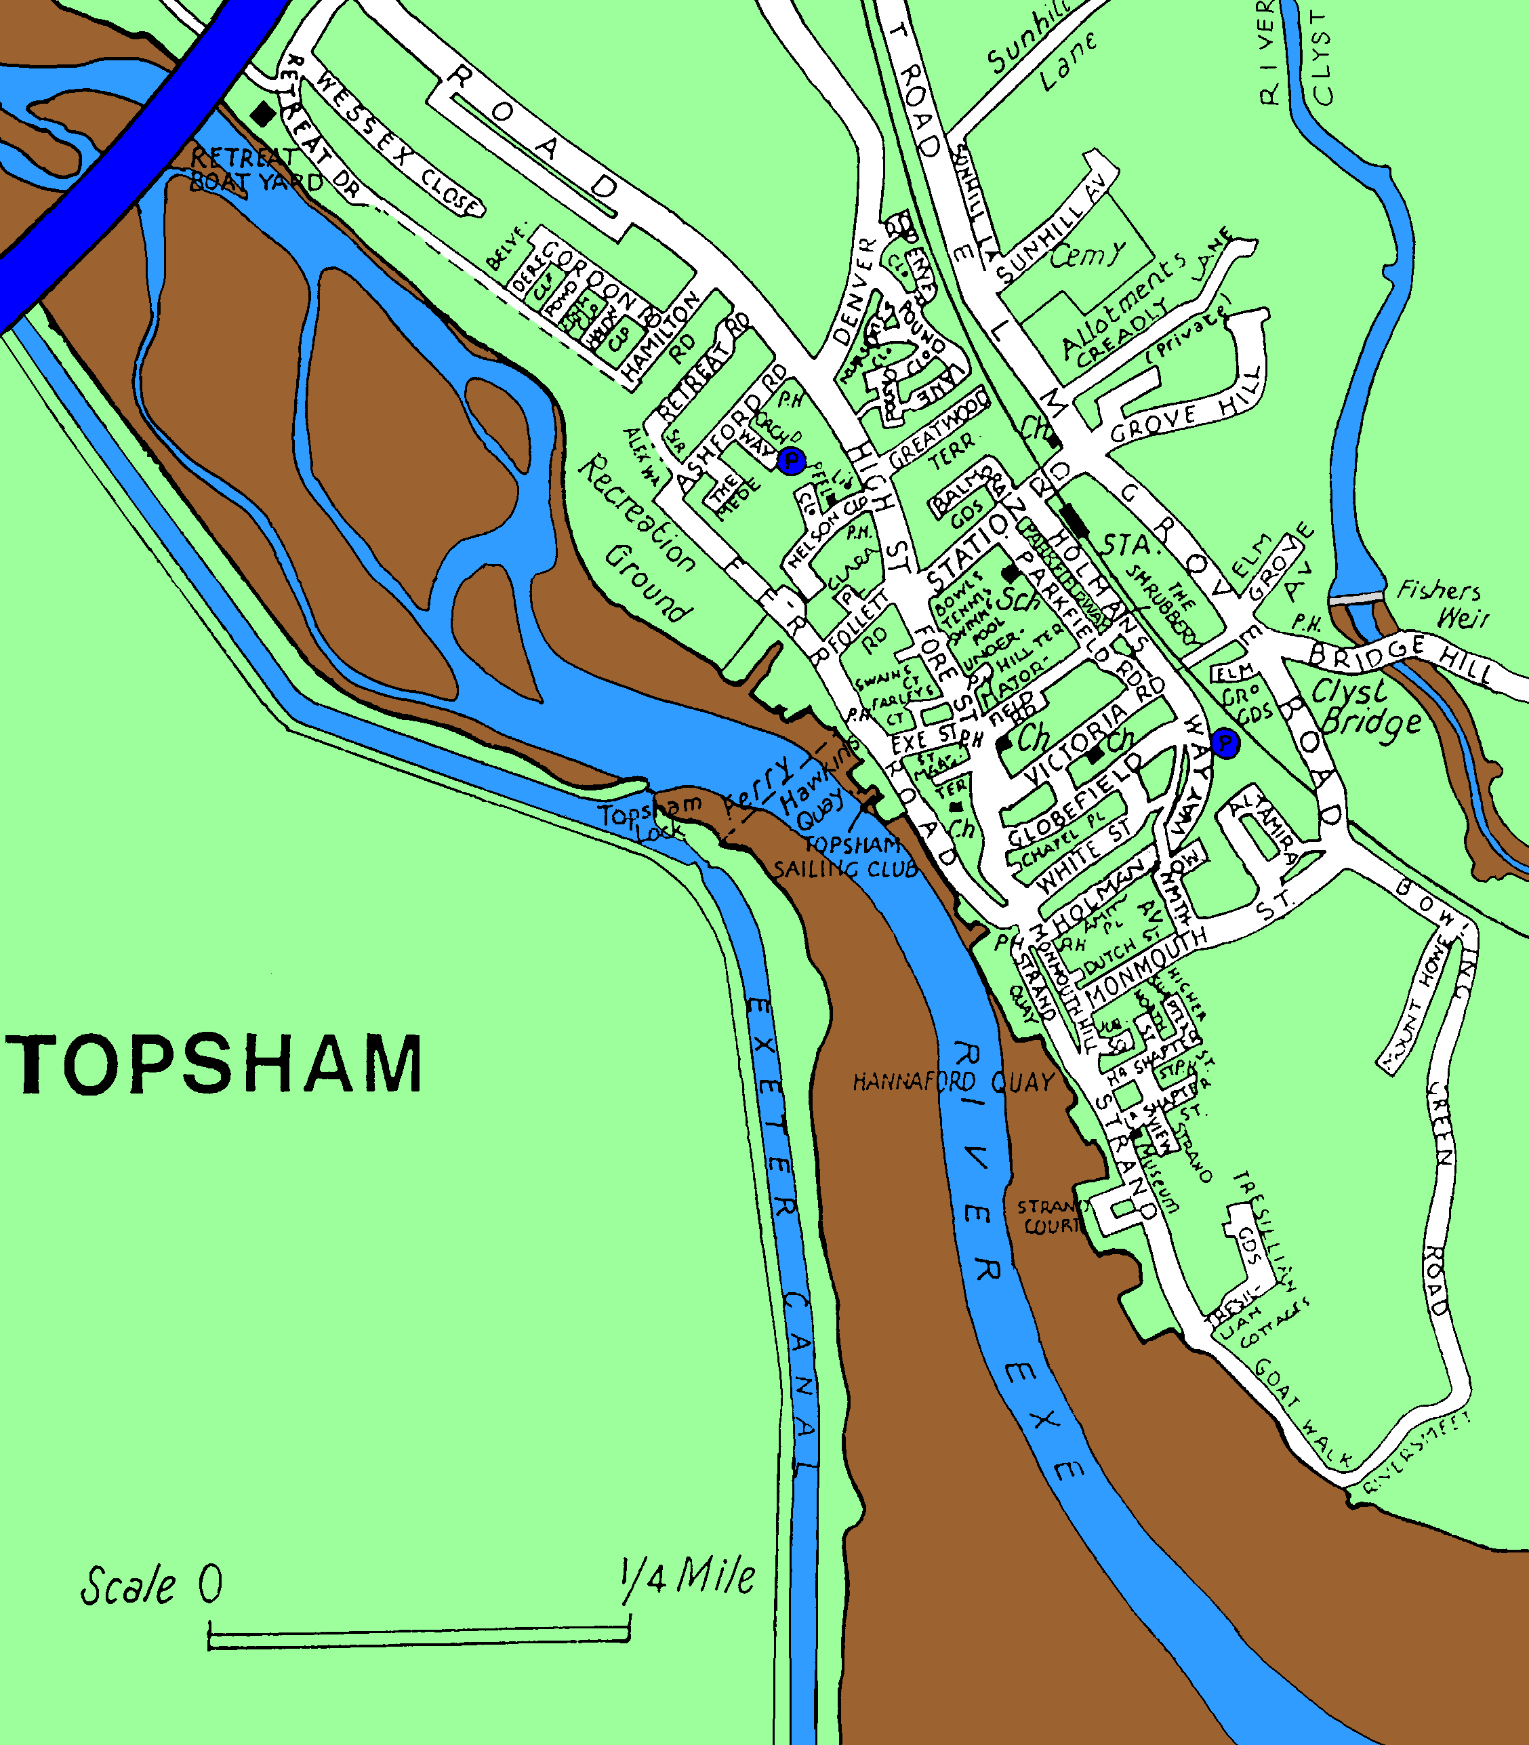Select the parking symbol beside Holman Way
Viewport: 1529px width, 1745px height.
1225,743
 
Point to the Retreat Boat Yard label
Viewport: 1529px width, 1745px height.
255,169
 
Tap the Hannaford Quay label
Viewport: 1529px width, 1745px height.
954,1082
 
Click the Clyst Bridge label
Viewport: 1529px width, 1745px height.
1364,706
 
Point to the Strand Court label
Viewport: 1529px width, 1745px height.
1052,1217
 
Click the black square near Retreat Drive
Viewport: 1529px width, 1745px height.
264,113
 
